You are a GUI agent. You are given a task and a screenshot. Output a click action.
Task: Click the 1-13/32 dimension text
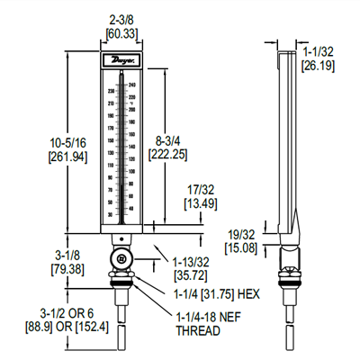(190, 260)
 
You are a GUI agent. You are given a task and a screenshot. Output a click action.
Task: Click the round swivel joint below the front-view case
(120, 259)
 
